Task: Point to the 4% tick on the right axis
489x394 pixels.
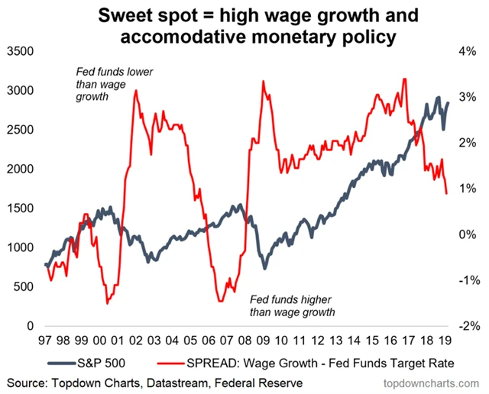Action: [x=467, y=51]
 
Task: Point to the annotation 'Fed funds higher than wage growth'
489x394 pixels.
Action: [x=293, y=305]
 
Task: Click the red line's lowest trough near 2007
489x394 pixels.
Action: [x=221, y=301]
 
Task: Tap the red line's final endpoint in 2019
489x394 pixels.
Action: [x=447, y=194]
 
